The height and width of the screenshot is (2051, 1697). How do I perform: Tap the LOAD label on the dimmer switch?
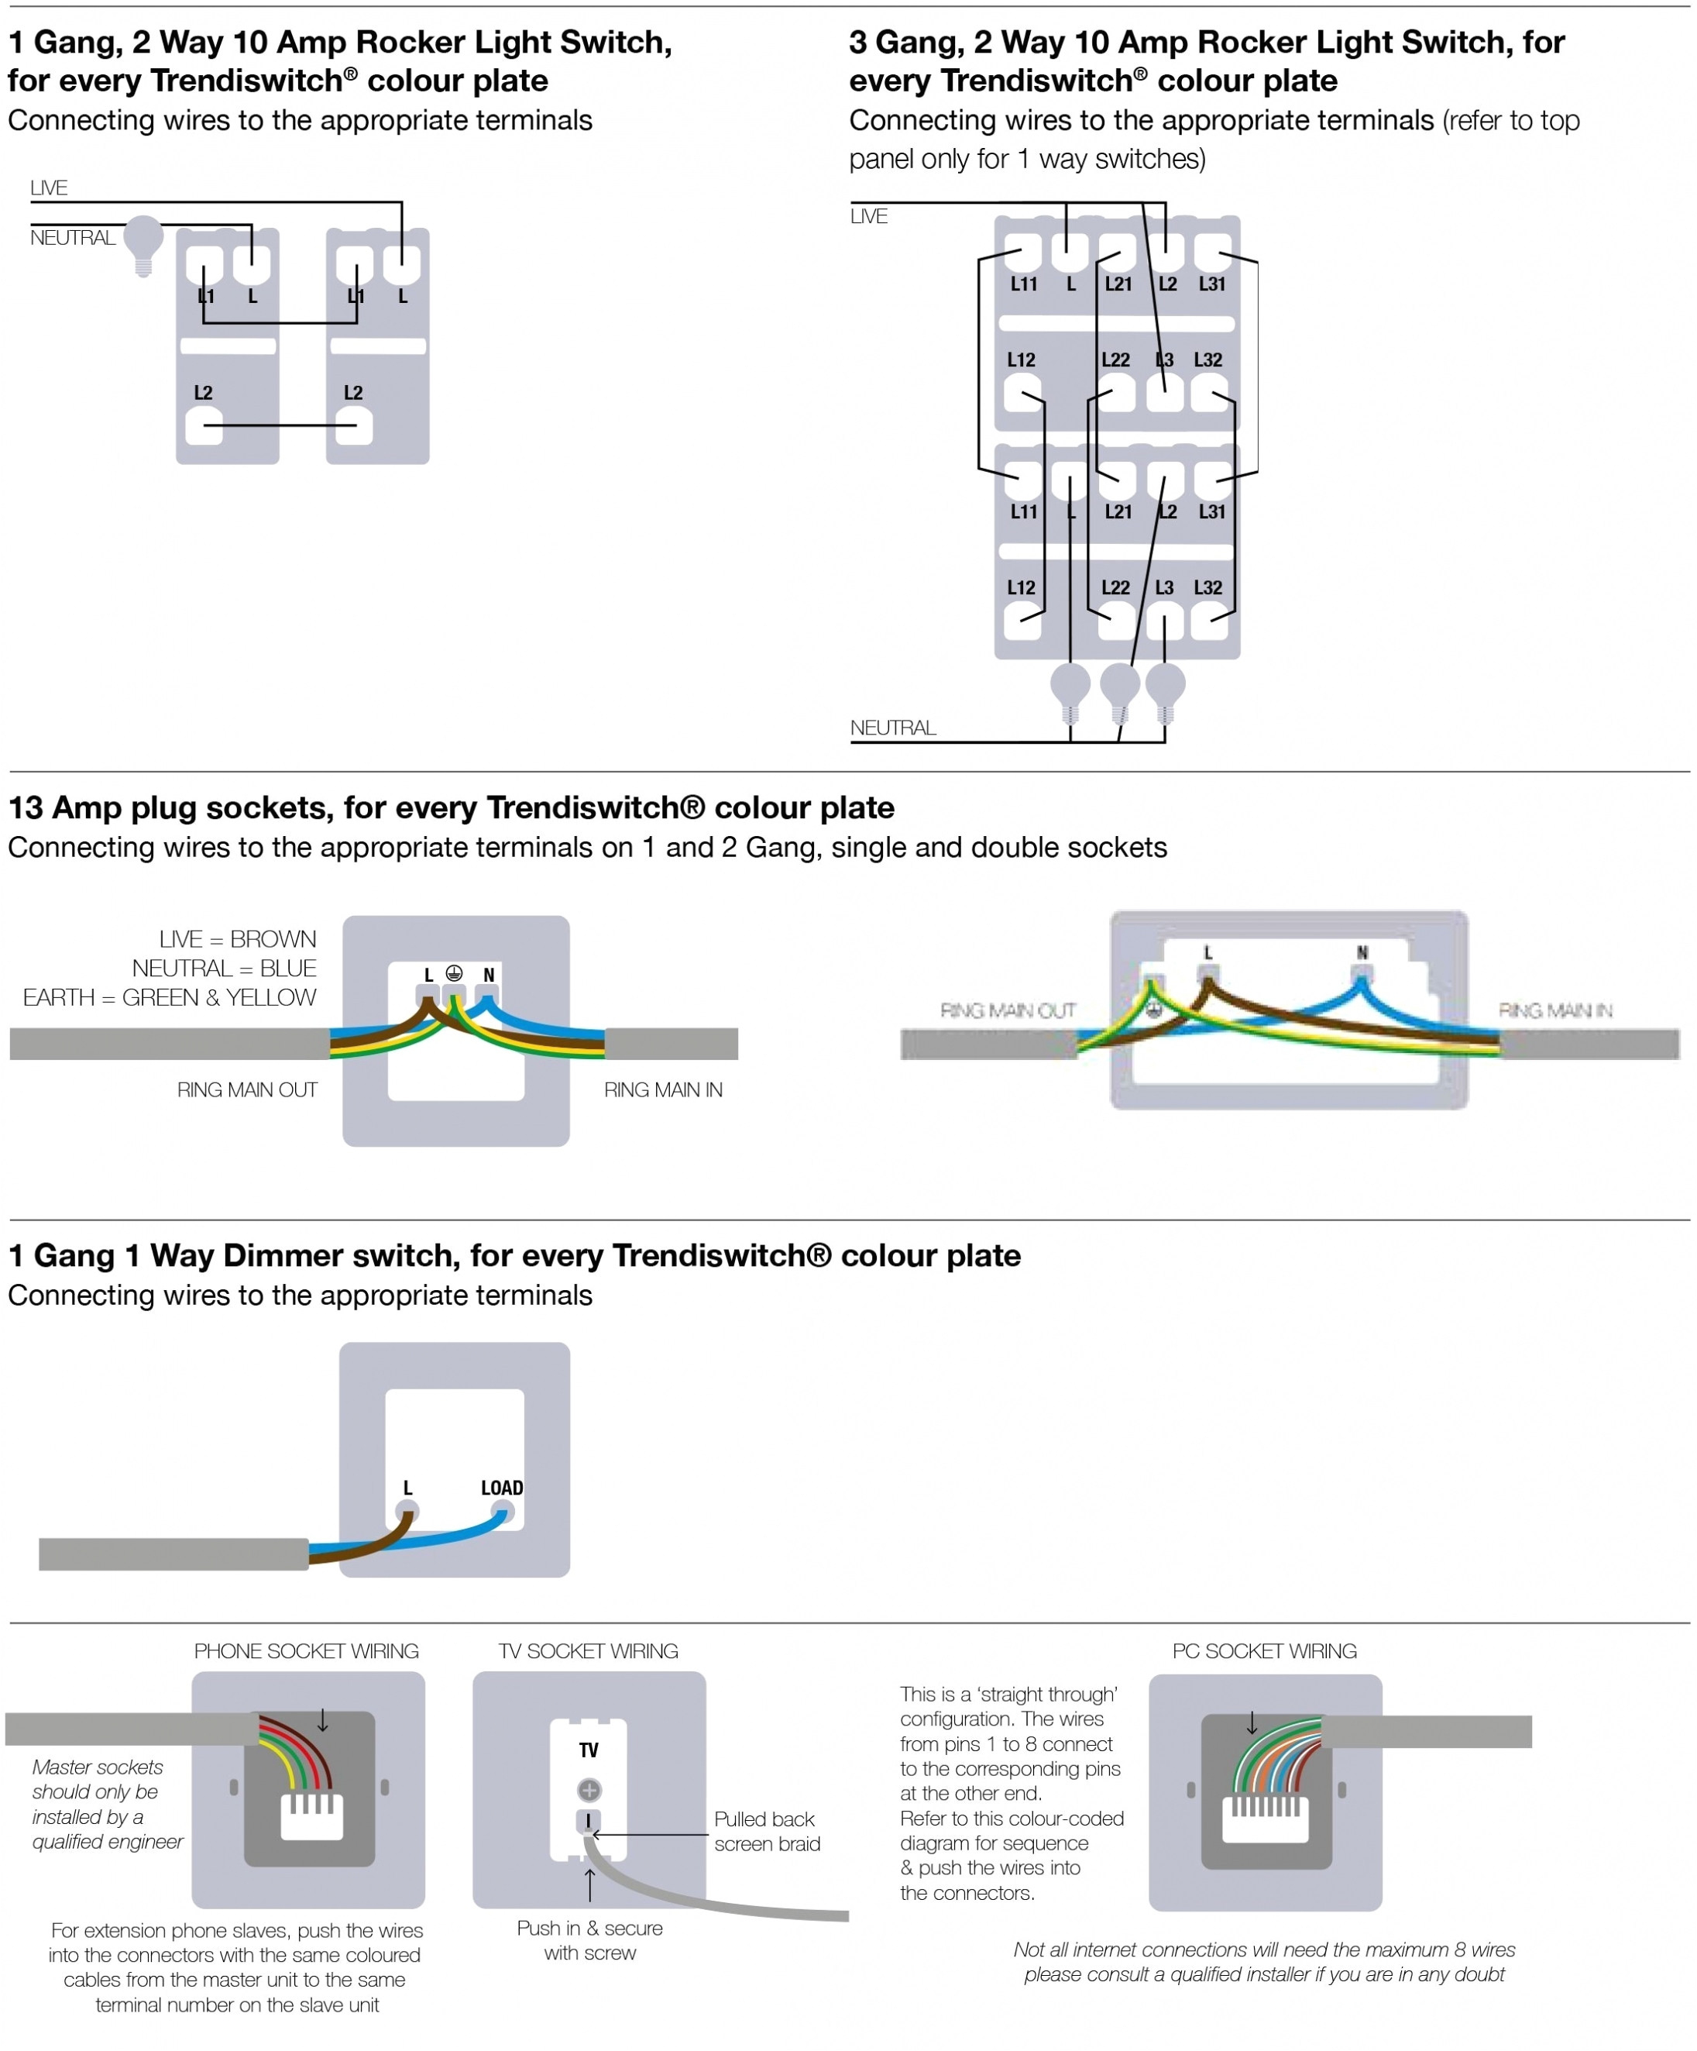point(501,1488)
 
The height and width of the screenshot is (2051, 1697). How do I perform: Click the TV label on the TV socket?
point(589,1750)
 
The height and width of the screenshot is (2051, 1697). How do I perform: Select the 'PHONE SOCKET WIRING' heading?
point(306,1650)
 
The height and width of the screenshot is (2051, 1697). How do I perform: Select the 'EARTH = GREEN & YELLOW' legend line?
point(170,997)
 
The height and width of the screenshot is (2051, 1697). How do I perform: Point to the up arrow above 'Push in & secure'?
point(589,1885)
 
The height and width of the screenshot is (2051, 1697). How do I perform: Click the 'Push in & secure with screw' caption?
point(589,1941)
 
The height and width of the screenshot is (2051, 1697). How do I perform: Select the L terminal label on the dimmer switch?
point(407,1488)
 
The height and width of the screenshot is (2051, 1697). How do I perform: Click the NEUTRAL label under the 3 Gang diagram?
point(892,728)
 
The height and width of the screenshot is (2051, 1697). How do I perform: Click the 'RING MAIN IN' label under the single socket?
point(663,1090)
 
